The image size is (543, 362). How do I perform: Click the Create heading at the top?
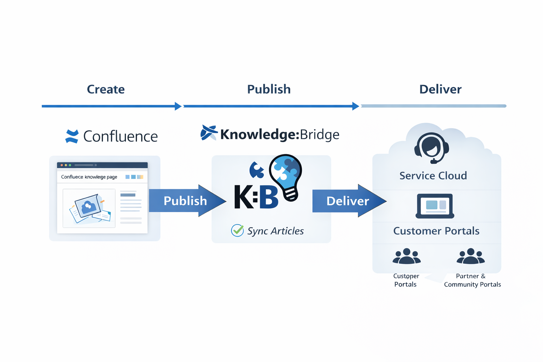pyautogui.click(x=106, y=89)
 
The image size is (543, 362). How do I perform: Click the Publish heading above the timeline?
pyautogui.click(x=269, y=89)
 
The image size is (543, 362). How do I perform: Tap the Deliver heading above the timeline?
pyautogui.click(x=440, y=89)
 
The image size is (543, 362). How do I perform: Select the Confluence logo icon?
pyautogui.click(x=72, y=136)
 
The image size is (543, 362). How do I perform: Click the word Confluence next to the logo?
pyautogui.click(x=120, y=136)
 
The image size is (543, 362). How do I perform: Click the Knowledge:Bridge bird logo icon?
pyautogui.click(x=209, y=133)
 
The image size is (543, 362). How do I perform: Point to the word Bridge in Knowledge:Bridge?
pyautogui.click(x=320, y=134)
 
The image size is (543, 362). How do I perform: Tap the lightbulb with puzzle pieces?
pyautogui.click(x=286, y=177)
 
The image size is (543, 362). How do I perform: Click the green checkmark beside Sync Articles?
pyautogui.click(x=237, y=230)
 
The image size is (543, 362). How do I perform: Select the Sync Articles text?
pyautogui.click(x=275, y=231)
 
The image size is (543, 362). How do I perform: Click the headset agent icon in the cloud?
pyautogui.click(x=432, y=148)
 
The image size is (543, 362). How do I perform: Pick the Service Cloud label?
pyautogui.click(x=433, y=176)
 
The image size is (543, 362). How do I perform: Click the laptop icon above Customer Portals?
pyautogui.click(x=435, y=206)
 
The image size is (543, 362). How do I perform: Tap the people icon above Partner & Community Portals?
pyautogui.click(x=471, y=256)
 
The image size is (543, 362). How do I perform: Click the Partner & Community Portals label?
pyautogui.click(x=472, y=280)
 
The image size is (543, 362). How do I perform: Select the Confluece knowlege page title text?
pyautogui.click(x=89, y=177)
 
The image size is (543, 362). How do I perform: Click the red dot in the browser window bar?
pyautogui.click(x=62, y=165)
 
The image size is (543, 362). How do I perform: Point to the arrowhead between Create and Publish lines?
pyautogui.click(x=178, y=106)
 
